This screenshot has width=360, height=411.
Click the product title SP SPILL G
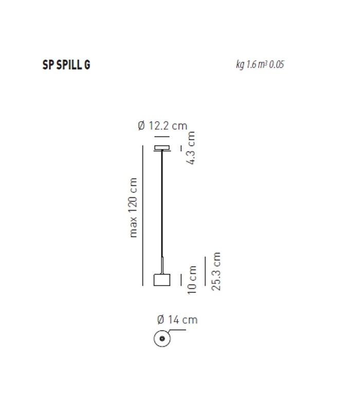pyautogui.click(x=66, y=65)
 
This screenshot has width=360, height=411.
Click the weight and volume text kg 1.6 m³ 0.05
pyautogui.click(x=260, y=65)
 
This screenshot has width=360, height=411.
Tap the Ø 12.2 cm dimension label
pyautogui.click(x=163, y=126)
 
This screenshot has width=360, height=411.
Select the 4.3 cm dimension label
pyautogui.click(x=191, y=148)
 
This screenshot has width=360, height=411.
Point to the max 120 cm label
pyautogui.click(x=133, y=208)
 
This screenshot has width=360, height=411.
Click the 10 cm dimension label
pyautogui.click(x=192, y=279)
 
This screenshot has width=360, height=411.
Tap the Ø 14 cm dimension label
pyautogui.click(x=177, y=320)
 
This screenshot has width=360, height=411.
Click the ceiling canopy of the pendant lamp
pyautogui.click(x=163, y=149)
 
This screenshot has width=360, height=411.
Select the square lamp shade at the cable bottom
pyautogui.click(x=162, y=279)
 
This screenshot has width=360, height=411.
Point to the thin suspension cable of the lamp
pyautogui.click(x=163, y=206)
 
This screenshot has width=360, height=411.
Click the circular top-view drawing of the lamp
pyautogui.click(x=162, y=339)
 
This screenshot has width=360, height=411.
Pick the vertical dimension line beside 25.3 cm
pyautogui.click(x=205, y=270)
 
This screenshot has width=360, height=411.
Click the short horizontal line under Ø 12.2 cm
pyautogui.click(x=162, y=137)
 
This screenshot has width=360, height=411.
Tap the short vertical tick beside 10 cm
pyautogui.click(x=181, y=279)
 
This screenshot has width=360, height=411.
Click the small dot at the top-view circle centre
pyautogui.click(x=162, y=339)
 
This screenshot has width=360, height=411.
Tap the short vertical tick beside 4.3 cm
pyautogui.click(x=181, y=148)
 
